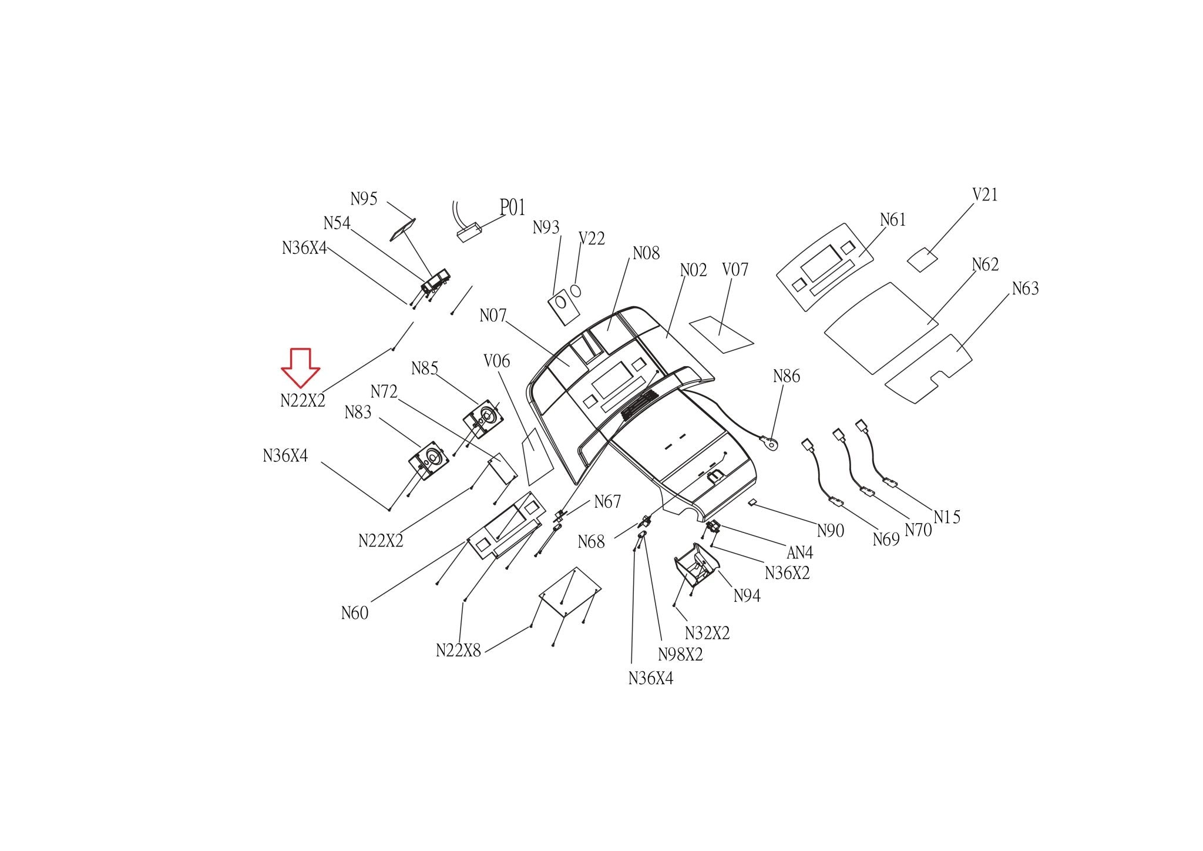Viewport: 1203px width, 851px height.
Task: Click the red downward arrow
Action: click(x=300, y=368)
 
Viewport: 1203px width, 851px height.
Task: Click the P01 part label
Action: click(x=512, y=207)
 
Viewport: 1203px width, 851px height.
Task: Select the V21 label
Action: click(x=985, y=195)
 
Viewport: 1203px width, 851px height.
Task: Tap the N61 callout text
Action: click(x=893, y=220)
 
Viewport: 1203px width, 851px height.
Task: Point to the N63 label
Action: click(x=1025, y=289)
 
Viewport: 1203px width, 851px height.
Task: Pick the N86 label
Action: click(x=787, y=376)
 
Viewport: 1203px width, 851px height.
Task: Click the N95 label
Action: click(x=364, y=199)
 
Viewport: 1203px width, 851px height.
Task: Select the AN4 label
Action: click(x=799, y=552)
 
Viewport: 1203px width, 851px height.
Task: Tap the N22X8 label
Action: click(x=458, y=651)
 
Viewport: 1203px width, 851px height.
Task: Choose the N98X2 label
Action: click(x=680, y=654)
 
